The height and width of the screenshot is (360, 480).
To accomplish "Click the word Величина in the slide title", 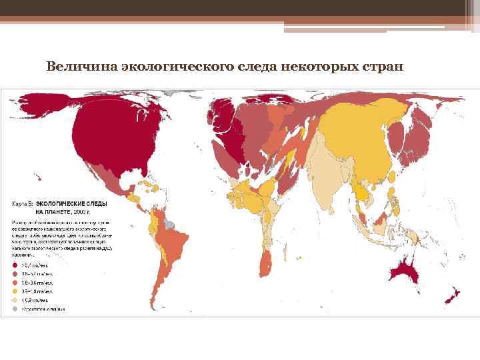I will click(75, 67).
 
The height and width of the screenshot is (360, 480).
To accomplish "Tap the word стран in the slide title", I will click(381, 67).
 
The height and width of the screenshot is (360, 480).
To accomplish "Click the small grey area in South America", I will click(169, 225).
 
